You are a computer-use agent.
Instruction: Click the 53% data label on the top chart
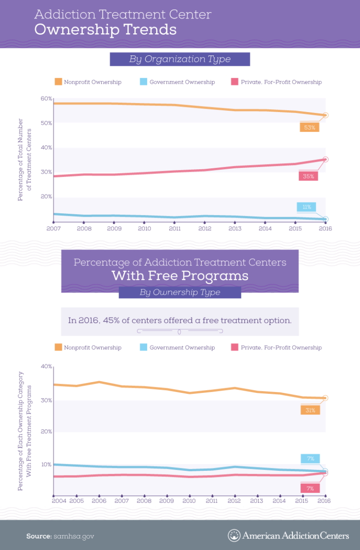(309, 128)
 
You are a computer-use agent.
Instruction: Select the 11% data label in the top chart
(306, 207)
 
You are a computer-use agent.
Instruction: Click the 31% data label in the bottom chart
(310, 410)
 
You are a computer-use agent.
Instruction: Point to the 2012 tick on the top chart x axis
(205, 228)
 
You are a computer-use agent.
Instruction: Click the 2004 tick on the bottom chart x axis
(59, 501)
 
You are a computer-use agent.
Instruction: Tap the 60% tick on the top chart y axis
(46, 98)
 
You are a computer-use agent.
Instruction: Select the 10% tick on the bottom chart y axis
(46, 465)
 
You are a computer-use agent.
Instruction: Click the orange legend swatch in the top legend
(58, 82)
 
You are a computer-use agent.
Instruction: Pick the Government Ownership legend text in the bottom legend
(182, 348)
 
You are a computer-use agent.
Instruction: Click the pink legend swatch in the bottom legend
(235, 348)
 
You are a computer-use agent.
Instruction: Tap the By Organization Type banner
(180, 59)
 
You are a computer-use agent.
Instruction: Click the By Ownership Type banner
(180, 293)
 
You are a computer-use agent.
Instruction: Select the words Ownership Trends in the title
(105, 30)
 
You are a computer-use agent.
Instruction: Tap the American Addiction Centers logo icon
(234, 535)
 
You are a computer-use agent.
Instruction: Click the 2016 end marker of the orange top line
(325, 115)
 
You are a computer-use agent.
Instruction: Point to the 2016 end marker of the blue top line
(325, 219)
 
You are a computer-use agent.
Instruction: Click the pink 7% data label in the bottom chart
(310, 489)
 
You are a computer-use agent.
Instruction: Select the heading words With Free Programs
(180, 276)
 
